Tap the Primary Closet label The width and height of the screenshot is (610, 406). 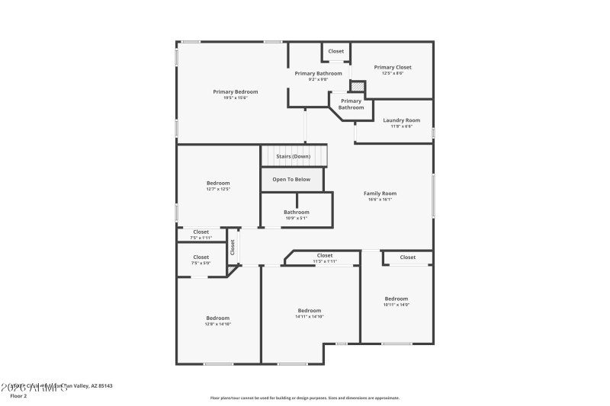click(393, 67)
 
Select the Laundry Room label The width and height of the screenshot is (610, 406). click(401, 120)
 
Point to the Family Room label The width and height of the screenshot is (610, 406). click(380, 193)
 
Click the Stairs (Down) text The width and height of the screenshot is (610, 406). click(293, 156)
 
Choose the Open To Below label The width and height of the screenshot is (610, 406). click(291, 180)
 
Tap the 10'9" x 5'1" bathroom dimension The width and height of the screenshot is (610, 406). click(296, 218)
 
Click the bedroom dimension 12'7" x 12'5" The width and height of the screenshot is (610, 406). click(218, 189)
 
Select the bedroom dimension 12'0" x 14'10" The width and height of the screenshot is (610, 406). click(217, 324)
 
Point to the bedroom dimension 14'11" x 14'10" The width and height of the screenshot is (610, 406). click(309, 316)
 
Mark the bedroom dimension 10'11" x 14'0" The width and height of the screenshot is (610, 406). click(396, 305)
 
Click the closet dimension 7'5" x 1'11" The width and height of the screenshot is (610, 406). click(201, 238)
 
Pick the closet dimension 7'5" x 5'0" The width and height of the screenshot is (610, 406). click(201, 264)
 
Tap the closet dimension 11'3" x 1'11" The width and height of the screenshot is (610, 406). click(324, 261)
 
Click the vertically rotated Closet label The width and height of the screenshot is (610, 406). click(233, 247)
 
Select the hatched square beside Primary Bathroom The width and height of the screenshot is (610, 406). click(357, 86)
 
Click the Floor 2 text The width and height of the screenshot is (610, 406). click(18, 396)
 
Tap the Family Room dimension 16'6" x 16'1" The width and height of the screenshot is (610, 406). click(380, 200)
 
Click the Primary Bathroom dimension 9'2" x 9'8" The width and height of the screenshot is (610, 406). click(318, 79)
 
